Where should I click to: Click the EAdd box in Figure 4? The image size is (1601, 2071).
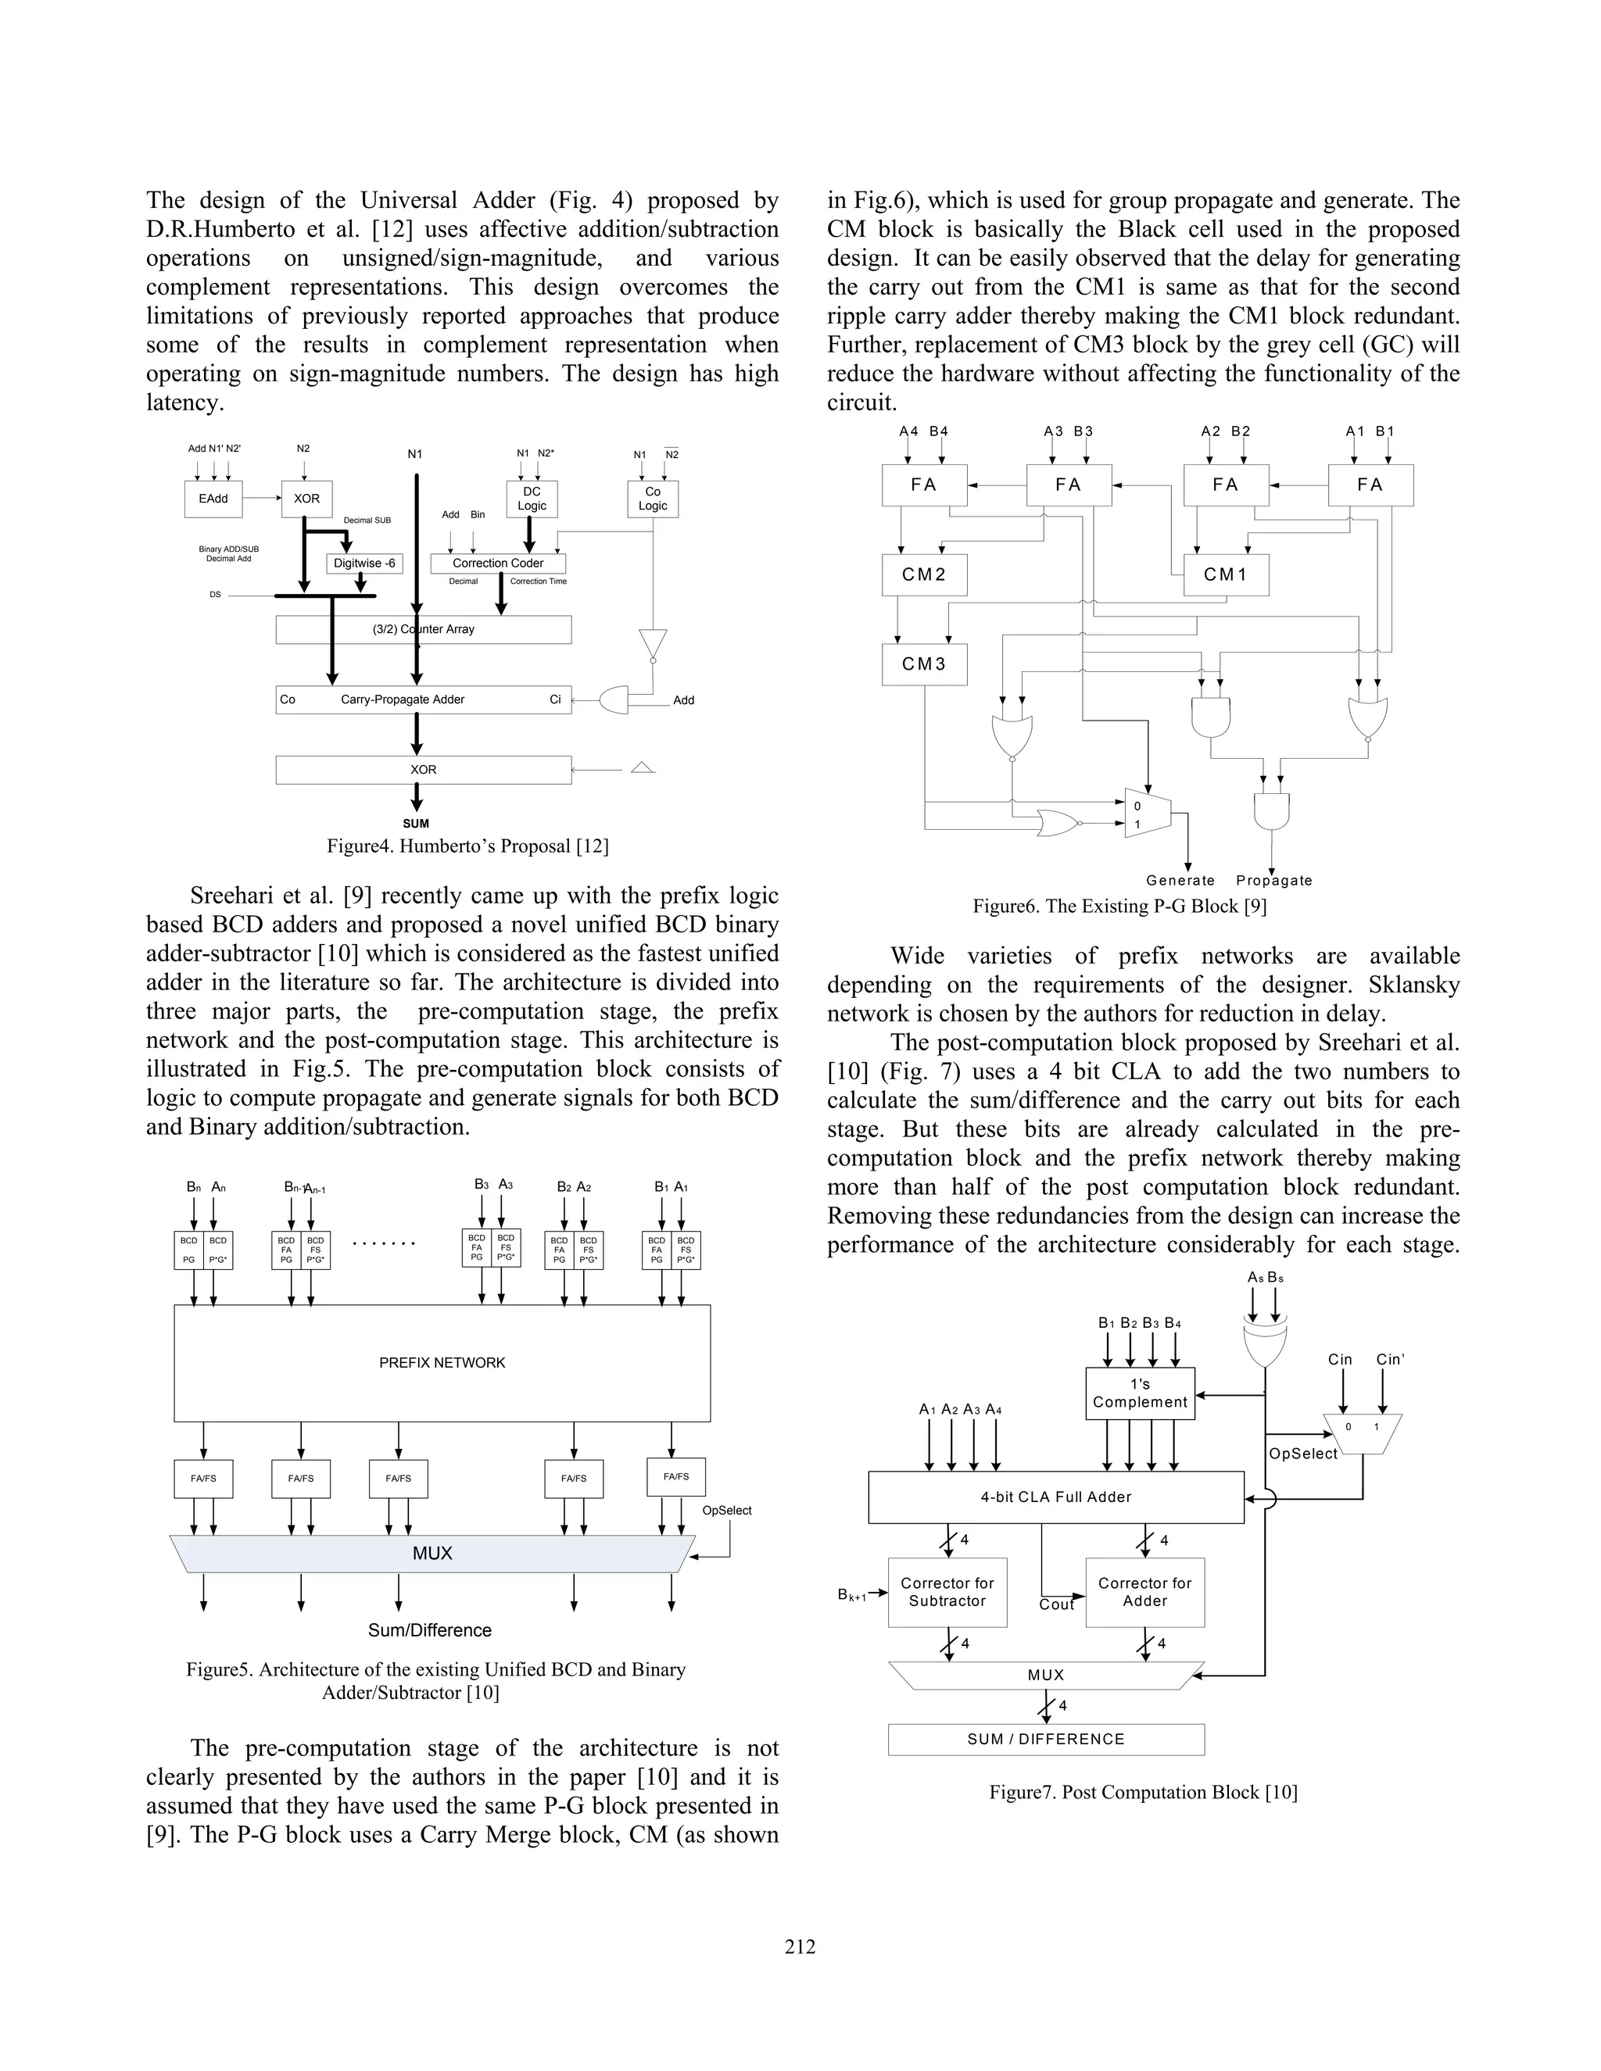pyautogui.click(x=213, y=499)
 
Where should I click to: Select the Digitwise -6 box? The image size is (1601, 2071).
pyautogui.click(x=364, y=563)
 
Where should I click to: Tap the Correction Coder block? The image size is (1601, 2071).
pyautogui.click(x=498, y=563)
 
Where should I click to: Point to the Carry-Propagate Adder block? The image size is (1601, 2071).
pyautogui.click(x=423, y=699)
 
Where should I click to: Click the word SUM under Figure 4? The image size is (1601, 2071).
pyautogui.click(x=415, y=823)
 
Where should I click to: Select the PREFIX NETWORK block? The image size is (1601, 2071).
pyautogui.click(x=442, y=1363)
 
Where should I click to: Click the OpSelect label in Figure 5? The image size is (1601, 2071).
pyautogui.click(x=726, y=1511)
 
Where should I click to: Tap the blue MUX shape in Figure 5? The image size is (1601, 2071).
pyautogui.click(x=432, y=1554)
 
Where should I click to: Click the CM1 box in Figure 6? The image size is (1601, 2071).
pyautogui.click(x=1226, y=574)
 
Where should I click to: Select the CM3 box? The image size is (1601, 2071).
pyautogui.click(x=924, y=664)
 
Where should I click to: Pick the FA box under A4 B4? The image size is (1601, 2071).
pyautogui.click(x=924, y=485)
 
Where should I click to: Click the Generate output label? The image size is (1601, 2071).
pyautogui.click(x=1180, y=880)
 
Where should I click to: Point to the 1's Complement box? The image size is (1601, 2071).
pyautogui.click(x=1139, y=1393)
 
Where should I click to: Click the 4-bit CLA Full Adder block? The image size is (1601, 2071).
pyautogui.click(x=1055, y=1497)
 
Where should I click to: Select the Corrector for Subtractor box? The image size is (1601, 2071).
pyautogui.click(x=947, y=1592)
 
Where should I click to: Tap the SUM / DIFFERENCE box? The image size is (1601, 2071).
pyautogui.click(x=1045, y=1739)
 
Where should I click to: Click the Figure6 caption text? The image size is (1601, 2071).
pyautogui.click(x=1119, y=906)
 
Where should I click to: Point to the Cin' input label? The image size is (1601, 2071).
pyautogui.click(x=1389, y=1359)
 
